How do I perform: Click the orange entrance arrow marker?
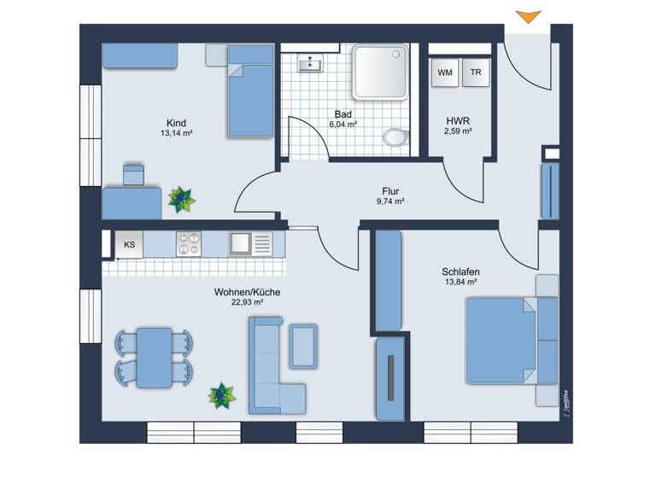pos(529,16)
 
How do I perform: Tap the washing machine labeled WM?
pos(445,73)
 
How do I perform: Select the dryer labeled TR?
pos(476,73)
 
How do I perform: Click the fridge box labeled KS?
pos(130,244)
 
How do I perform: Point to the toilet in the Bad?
pos(395,137)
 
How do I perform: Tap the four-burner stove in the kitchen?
pos(188,243)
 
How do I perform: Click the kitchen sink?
pos(241,243)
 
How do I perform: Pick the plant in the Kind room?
pos(181,200)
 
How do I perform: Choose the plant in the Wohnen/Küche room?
pos(222,395)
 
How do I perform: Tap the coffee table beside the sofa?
pos(302,345)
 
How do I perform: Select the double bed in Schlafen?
pos(508,340)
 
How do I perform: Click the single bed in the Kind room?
pos(249,94)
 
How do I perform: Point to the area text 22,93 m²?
pos(247,302)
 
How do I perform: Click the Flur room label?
pos(390,191)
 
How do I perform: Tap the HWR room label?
pos(458,120)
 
